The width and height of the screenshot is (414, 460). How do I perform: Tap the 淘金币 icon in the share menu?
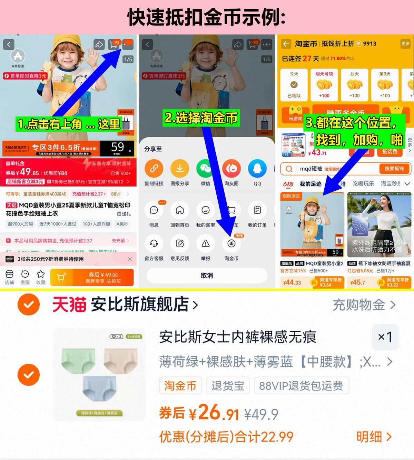[x=231, y=243]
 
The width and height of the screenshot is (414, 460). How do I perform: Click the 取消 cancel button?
[x=207, y=276]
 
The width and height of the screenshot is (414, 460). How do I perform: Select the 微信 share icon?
[x=206, y=168]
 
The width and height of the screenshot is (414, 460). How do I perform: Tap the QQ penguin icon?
[x=257, y=168]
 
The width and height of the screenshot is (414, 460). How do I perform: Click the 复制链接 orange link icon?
[x=154, y=168]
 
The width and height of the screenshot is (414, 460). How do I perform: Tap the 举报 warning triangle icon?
[x=206, y=243]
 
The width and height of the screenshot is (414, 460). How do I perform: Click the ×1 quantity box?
[x=385, y=337]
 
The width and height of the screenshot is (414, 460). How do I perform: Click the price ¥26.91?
[x=214, y=413]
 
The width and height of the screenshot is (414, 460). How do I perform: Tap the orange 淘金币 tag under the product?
[x=180, y=386]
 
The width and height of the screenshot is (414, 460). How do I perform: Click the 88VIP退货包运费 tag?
[x=301, y=386]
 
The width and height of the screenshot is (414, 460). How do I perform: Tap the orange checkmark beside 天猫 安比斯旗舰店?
[x=29, y=305]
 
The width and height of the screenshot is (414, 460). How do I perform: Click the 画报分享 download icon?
[x=180, y=168]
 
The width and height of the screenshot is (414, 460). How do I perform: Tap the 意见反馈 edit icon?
[x=180, y=243]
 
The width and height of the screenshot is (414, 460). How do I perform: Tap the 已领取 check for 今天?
[x=294, y=85]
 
